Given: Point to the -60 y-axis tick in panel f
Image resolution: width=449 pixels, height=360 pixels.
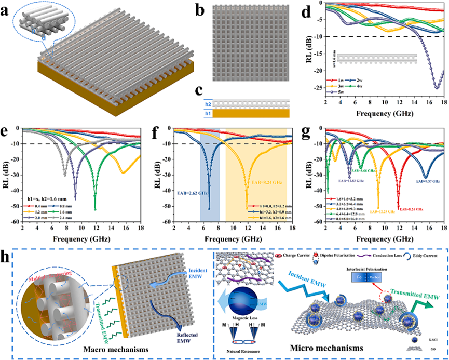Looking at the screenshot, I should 166,221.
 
